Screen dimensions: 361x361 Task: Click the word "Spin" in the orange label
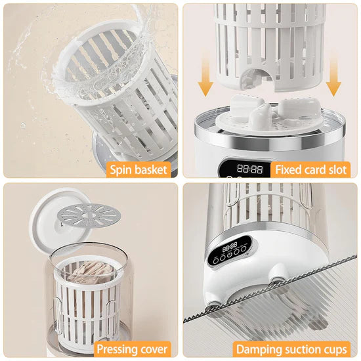pyautogui.click(x=121, y=170)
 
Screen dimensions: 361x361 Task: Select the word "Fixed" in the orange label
pyautogui.click(x=288, y=170)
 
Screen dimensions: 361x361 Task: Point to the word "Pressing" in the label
pyautogui.click(x=116, y=349)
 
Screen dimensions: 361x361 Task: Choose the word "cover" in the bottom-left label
pyautogui.click(x=153, y=349)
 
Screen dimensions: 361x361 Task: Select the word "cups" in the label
pyautogui.click(x=335, y=350)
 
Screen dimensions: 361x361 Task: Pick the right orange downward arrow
pyautogui.click(x=333, y=77)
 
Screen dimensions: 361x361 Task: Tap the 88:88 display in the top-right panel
pyautogui.click(x=250, y=169)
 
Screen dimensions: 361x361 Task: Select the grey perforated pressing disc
pyautogui.click(x=89, y=215)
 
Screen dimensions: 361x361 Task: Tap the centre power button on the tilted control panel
pyautogui.click(x=229, y=255)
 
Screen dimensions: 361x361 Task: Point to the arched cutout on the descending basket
pyautogui.click(x=258, y=76)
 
